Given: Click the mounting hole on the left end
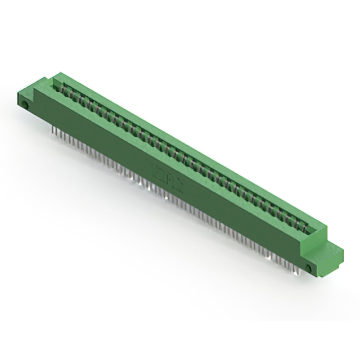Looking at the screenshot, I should click(x=25, y=106).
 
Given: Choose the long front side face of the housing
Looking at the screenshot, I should click(x=169, y=180).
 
